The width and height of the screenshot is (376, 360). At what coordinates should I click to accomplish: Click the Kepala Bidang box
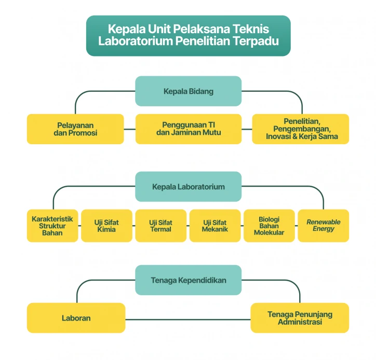point(188,91)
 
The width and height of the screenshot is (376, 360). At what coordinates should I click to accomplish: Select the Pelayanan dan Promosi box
point(75,129)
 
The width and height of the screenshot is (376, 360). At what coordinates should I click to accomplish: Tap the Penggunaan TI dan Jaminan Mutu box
point(189,129)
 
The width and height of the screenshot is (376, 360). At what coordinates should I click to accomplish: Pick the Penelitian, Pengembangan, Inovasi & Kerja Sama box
point(301,129)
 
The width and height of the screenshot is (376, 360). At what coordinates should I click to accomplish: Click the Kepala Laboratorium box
point(188,187)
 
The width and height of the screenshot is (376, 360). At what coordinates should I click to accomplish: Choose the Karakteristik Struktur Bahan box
point(52,226)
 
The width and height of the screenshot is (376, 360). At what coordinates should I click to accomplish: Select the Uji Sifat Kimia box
point(106,226)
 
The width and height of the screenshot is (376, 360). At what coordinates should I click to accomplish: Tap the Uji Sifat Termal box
point(161,226)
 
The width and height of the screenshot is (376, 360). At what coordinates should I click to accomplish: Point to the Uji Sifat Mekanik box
point(215,226)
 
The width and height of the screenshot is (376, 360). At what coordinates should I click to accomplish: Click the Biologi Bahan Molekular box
point(270,226)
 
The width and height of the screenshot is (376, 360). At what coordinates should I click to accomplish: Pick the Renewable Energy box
point(324,226)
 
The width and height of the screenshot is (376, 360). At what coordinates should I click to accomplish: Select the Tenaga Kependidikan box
point(188,280)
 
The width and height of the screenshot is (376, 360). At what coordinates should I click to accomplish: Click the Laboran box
point(76,318)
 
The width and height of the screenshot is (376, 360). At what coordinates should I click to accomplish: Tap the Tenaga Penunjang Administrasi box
point(300,318)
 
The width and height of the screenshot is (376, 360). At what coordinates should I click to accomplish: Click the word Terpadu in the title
point(256,41)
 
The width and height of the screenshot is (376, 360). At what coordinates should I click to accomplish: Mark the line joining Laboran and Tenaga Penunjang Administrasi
point(188,320)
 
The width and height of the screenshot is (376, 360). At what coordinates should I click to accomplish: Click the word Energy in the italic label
point(324,229)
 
